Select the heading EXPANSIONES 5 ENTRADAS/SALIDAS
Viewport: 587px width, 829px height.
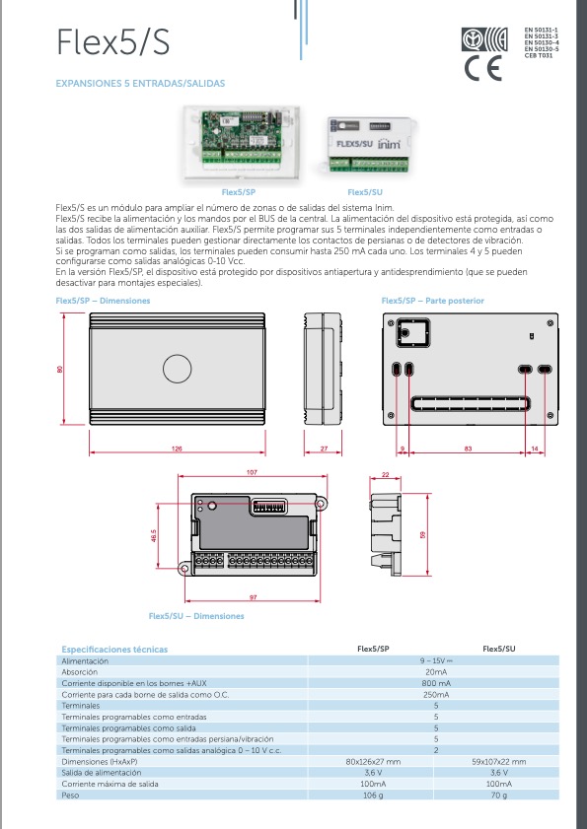140,84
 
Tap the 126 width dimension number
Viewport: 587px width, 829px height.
176,449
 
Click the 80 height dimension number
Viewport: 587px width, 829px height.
60,370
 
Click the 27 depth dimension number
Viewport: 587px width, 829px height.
325,449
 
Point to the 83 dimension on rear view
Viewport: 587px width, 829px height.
468,449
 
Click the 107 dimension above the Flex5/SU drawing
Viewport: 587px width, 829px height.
252,473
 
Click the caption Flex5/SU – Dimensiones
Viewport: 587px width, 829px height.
195,616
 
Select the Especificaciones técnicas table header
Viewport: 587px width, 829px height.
114,650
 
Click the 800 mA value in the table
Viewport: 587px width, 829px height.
435,682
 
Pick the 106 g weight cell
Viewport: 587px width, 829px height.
373,794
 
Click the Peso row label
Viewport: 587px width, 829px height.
71,794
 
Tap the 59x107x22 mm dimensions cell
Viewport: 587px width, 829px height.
498,762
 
